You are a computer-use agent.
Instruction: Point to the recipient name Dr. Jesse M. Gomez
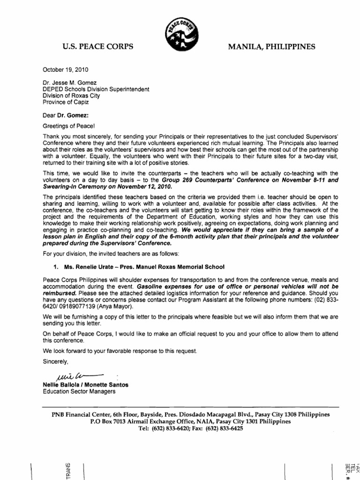[71, 82]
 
